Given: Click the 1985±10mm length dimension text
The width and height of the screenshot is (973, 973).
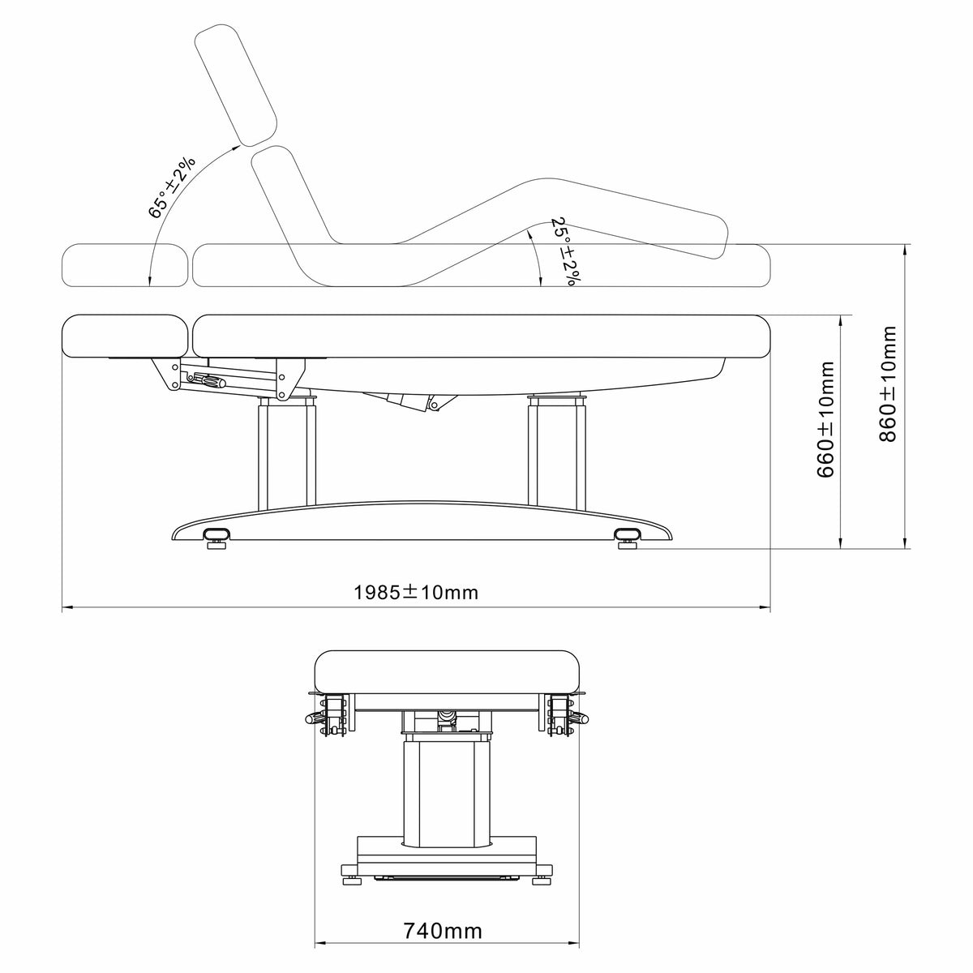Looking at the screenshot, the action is (x=415, y=592).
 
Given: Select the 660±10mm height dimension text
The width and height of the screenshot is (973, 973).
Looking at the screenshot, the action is (x=825, y=419).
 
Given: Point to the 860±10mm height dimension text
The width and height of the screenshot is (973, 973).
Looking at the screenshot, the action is (x=888, y=384).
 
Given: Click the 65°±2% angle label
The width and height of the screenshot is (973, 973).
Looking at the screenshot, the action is (x=170, y=187).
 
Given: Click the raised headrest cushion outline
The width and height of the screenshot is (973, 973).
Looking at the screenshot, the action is (x=236, y=85).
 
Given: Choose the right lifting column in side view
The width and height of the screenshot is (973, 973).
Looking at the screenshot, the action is (x=557, y=452).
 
